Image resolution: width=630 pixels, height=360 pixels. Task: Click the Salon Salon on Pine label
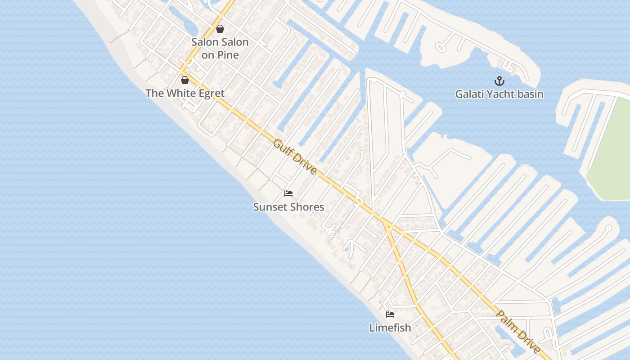coord(220,49)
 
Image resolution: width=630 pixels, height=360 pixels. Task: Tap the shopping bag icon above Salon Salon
coord(220,29)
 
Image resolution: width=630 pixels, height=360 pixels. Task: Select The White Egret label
coord(185,94)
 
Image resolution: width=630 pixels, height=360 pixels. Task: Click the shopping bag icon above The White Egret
coord(184,80)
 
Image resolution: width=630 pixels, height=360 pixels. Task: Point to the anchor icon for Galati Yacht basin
coord(499,81)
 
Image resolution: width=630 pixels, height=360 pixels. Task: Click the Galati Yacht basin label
coord(499,94)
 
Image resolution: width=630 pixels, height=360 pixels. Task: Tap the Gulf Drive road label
coord(295,157)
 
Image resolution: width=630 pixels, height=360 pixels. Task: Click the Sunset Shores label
coord(288,207)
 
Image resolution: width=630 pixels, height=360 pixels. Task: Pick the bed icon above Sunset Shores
coord(288,193)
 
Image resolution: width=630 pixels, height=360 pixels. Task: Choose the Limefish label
coord(390,328)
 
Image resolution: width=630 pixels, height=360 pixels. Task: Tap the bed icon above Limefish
coord(390,315)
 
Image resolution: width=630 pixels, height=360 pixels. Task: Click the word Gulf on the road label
coord(283,147)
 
